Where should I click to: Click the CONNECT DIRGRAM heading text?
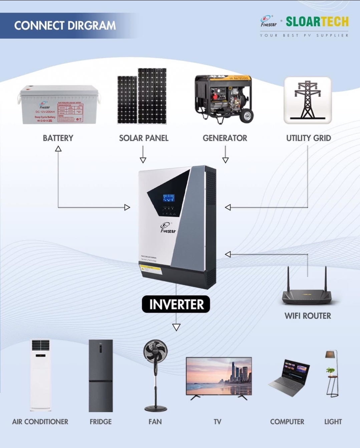[x=65, y=26]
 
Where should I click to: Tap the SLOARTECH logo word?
[x=317, y=22]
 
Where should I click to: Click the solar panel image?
[x=142, y=97]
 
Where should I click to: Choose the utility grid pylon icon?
[x=307, y=100]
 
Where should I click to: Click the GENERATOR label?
[x=225, y=138]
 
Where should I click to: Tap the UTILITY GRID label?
[x=308, y=138]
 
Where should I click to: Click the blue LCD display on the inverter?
[x=168, y=198]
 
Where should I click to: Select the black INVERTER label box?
[x=176, y=304]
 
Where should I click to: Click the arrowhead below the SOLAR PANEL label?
[x=143, y=160]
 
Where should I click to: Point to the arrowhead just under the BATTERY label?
[x=58, y=149]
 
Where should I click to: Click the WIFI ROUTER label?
[x=308, y=316]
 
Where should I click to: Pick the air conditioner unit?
[x=40, y=375]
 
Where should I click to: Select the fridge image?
[x=100, y=376]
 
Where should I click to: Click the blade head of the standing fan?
[x=155, y=352]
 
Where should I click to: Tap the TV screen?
[x=219, y=376]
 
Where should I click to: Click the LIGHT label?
[x=333, y=422]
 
